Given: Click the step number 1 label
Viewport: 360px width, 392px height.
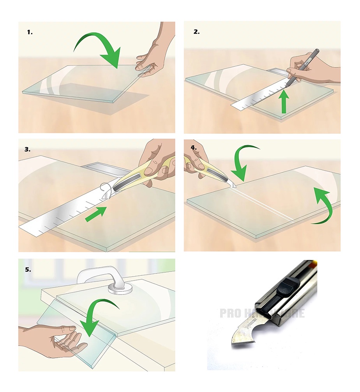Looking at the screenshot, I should pyautogui.click(x=30, y=32).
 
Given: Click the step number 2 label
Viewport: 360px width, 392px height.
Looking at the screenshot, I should pyautogui.click(x=196, y=32).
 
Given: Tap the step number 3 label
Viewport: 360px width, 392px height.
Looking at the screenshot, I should pyautogui.click(x=27, y=149).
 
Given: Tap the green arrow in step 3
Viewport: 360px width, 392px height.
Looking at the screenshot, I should pyautogui.click(x=96, y=214).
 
